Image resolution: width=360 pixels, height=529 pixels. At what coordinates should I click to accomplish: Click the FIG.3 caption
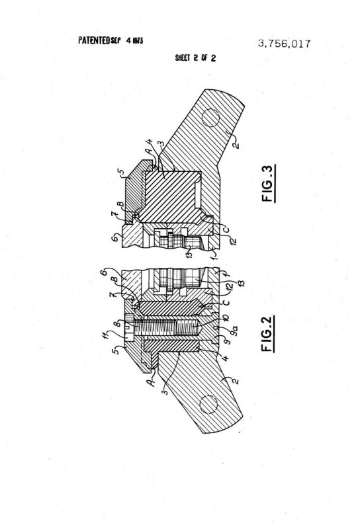[269, 183]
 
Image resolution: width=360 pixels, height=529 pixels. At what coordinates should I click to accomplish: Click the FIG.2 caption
[268, 334]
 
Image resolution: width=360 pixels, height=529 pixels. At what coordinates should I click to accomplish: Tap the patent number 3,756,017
[284, 44]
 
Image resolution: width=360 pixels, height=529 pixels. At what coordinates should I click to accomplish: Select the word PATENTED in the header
[94, 40]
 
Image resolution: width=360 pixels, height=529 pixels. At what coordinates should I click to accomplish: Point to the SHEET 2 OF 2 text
[195, 58]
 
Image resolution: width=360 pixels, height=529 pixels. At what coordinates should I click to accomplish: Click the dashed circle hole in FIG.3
[210, 118]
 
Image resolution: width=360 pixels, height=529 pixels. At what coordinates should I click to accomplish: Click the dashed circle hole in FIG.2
[208, 405]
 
